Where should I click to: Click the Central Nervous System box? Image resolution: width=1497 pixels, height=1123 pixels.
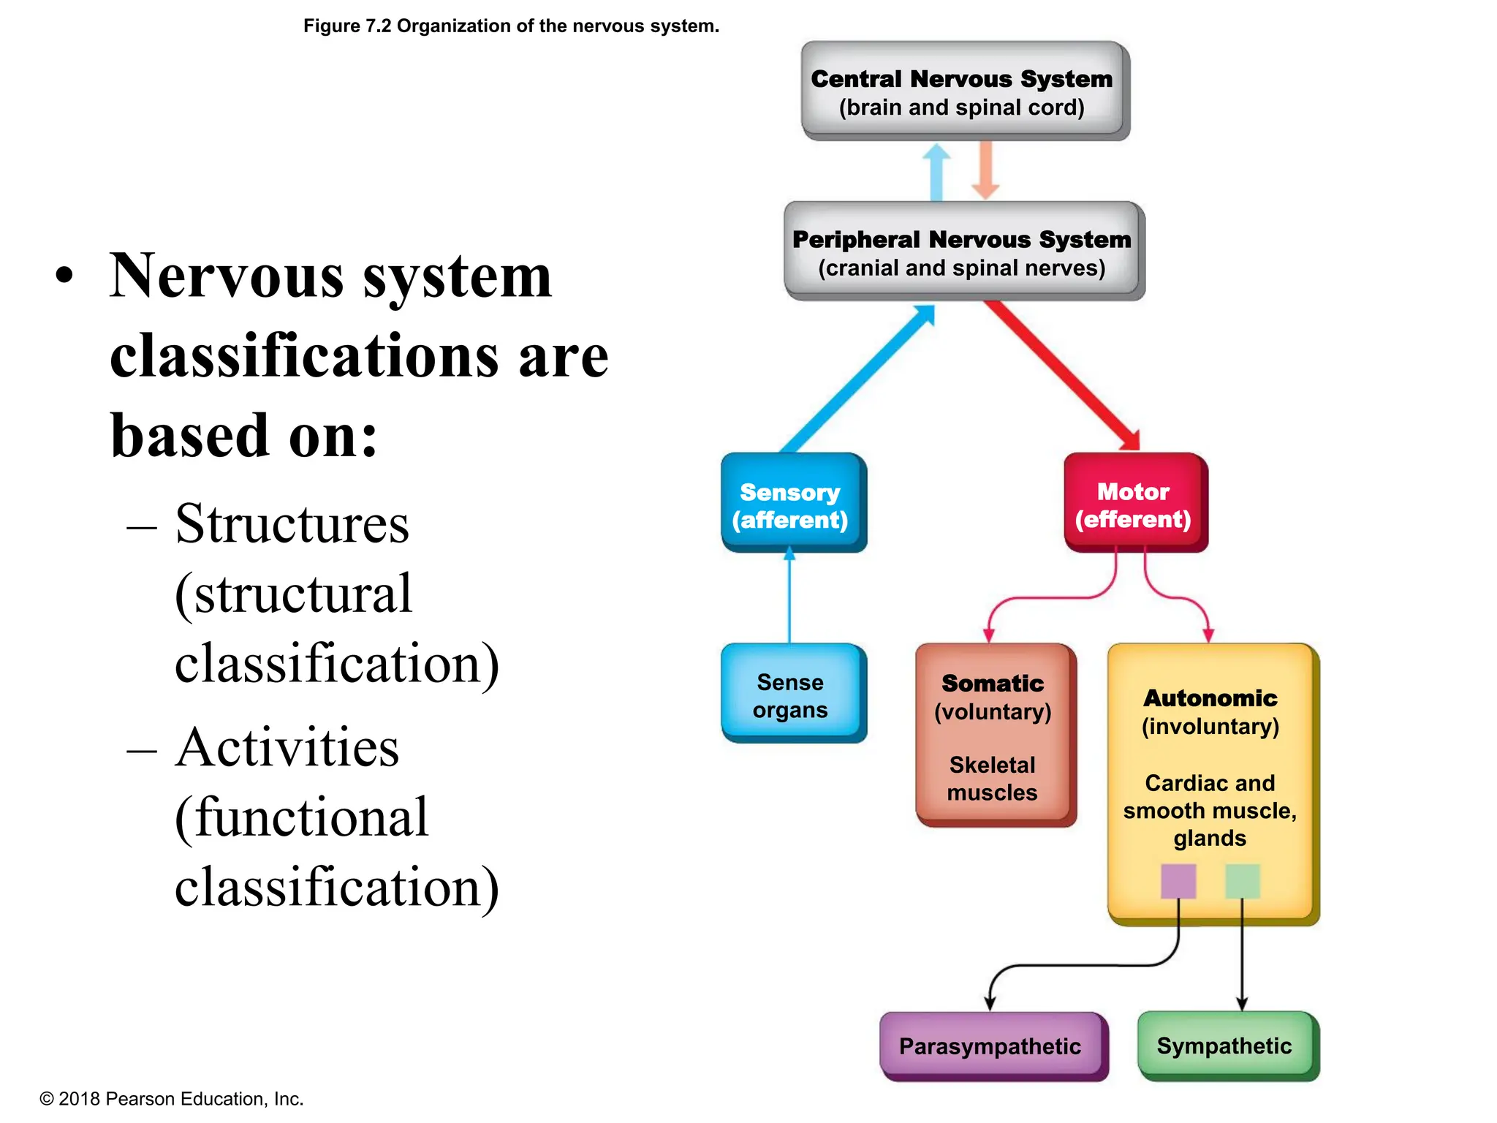963,91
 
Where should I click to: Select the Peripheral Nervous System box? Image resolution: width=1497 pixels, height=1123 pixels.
963,252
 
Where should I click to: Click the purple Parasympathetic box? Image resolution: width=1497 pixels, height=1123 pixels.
991,1046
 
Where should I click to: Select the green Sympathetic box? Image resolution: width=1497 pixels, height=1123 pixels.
1226,1046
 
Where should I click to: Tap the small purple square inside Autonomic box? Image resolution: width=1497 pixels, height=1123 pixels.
1178,881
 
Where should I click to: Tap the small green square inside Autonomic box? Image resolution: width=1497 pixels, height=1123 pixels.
1242,881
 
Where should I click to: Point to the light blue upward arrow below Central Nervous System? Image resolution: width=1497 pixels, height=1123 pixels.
936,172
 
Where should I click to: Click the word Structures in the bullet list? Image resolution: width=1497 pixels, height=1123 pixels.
292,524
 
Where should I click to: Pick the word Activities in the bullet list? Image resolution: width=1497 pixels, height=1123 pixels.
287,748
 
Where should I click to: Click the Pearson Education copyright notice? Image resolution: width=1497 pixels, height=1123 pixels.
171,1099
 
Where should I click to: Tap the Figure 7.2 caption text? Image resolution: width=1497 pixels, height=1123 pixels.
511,26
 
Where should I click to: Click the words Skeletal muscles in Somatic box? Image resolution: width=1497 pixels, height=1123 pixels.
992,779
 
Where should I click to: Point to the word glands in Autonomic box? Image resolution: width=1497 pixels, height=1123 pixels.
1210,838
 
